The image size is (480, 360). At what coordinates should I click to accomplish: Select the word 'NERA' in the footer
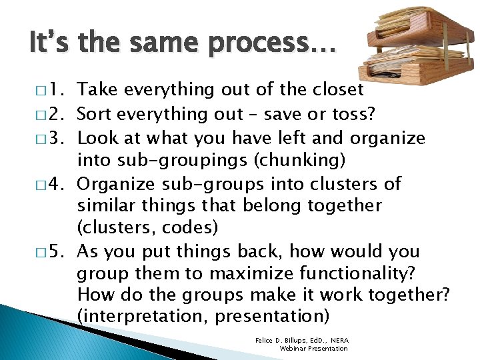pyautogui.click(x=338, y=341)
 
